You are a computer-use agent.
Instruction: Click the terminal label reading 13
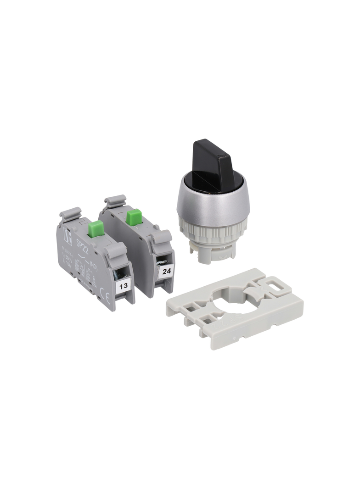click(123, 286)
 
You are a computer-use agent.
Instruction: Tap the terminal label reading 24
click(166, 271)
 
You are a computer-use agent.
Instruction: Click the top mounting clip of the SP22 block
click(72, 213)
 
